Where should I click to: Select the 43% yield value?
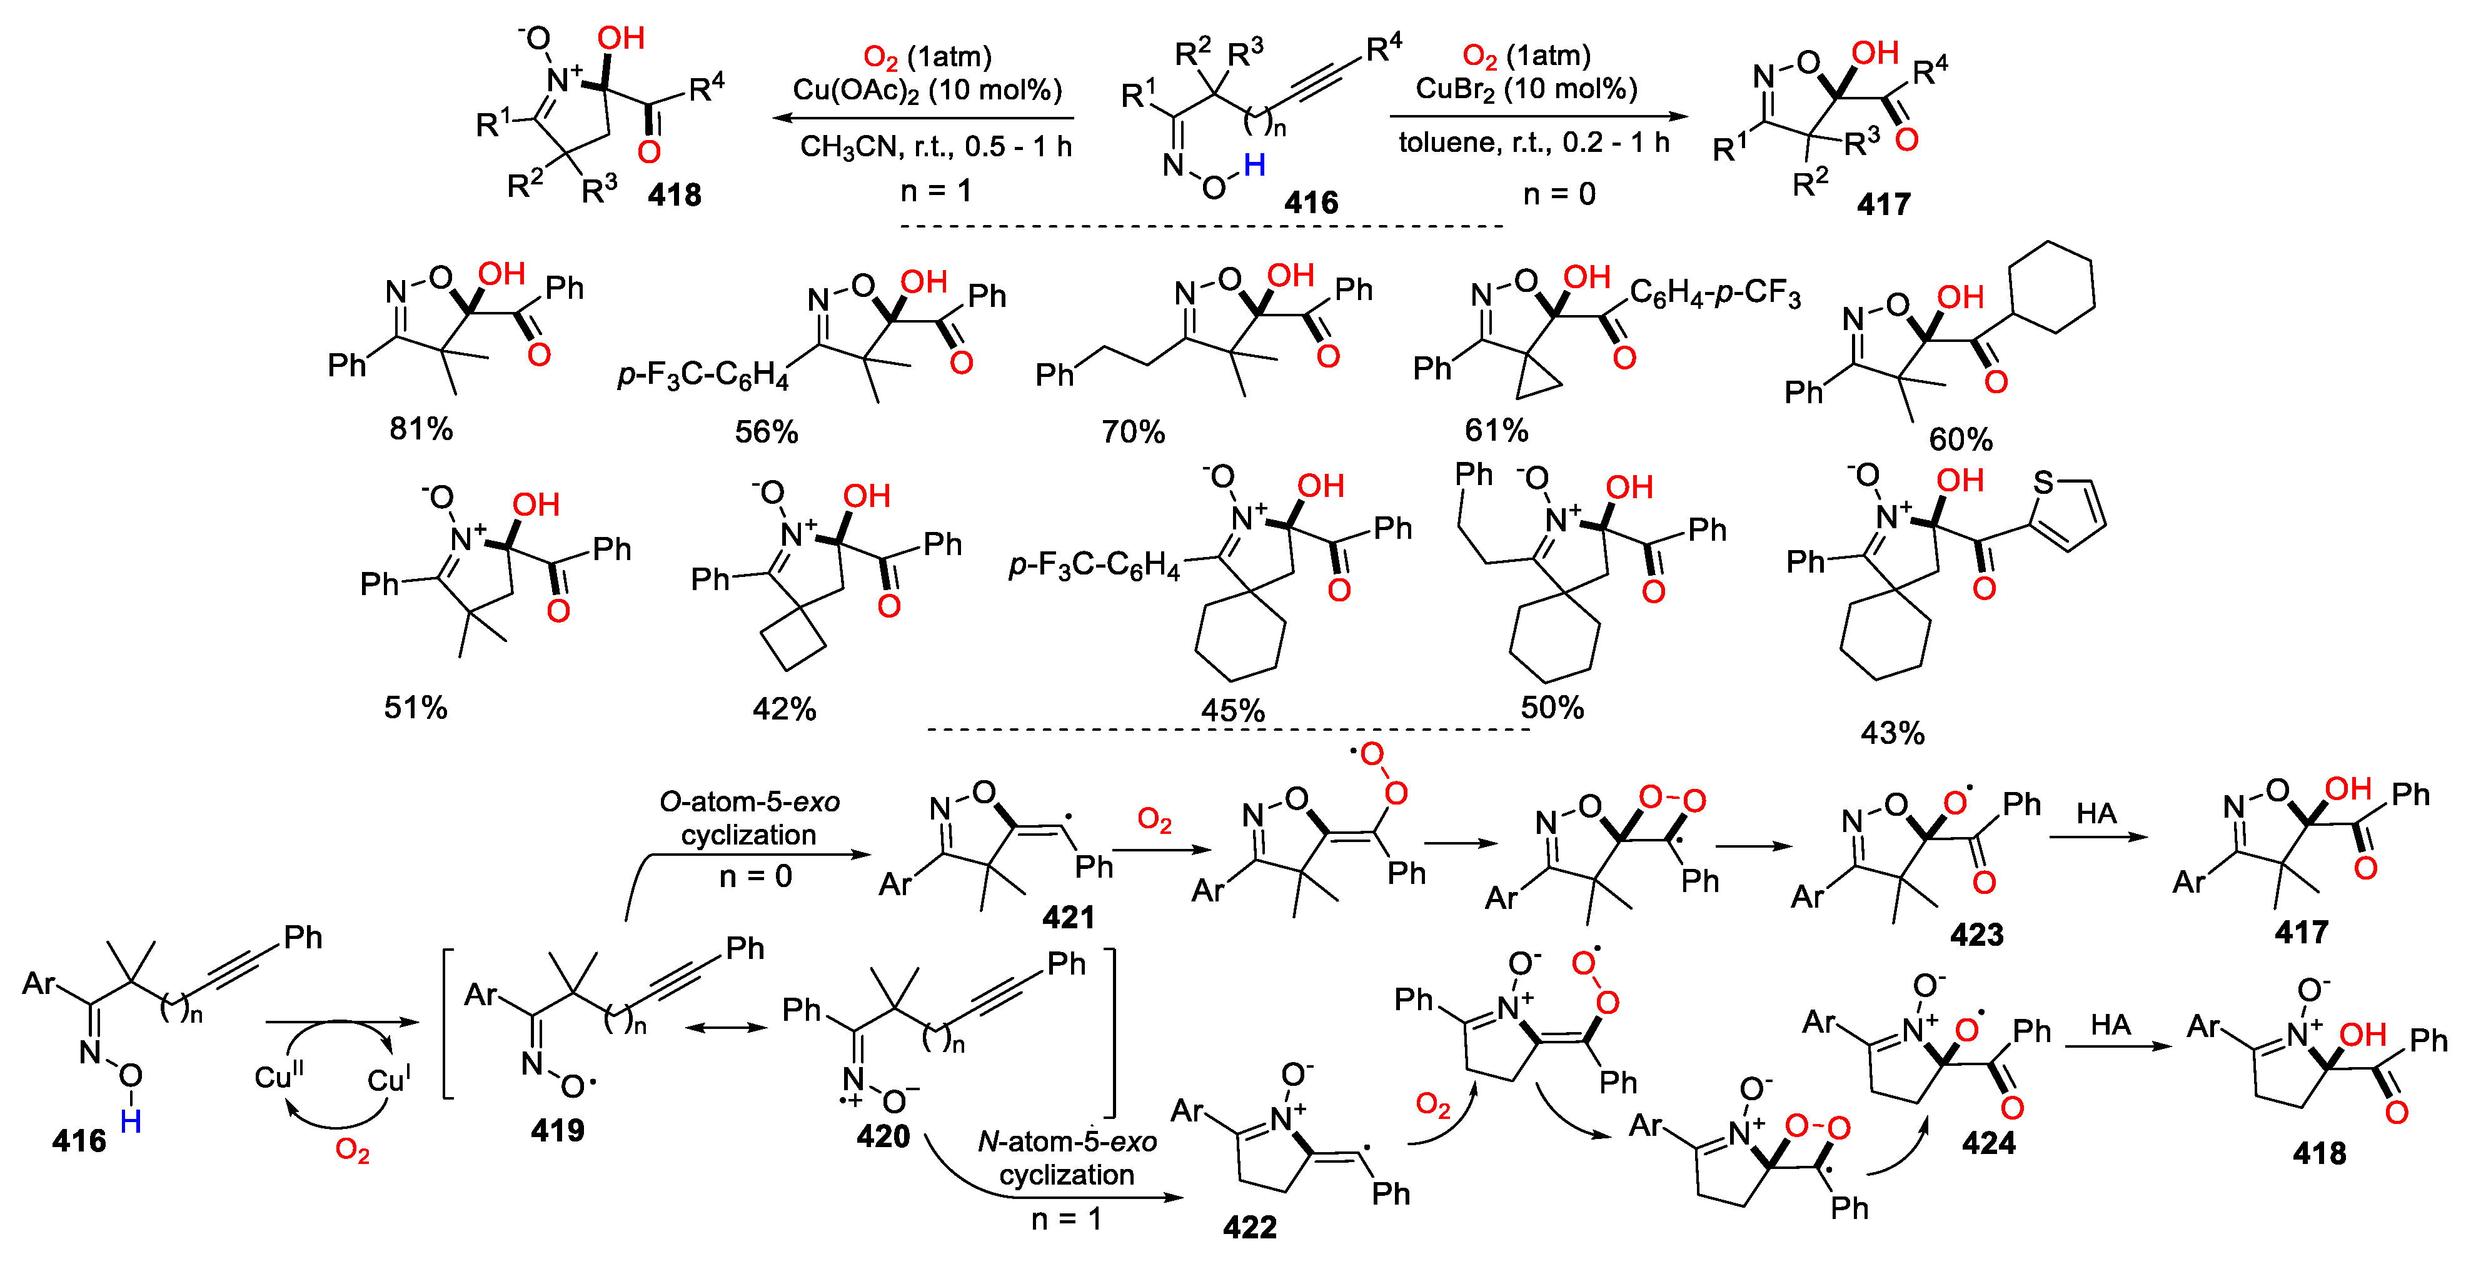(1891, 733)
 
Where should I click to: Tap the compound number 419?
(557, 1130)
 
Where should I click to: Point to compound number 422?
(1249, 1227)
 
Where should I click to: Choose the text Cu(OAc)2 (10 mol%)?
(927, 90)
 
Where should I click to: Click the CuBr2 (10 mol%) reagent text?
(1526, 89)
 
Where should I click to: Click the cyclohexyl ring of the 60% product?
(2051, 286)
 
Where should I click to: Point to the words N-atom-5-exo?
(1067, 1141)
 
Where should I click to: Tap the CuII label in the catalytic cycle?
(279, 1076)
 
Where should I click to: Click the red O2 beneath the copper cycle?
(351, 1150)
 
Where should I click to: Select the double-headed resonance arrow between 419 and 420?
(727, 1028)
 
